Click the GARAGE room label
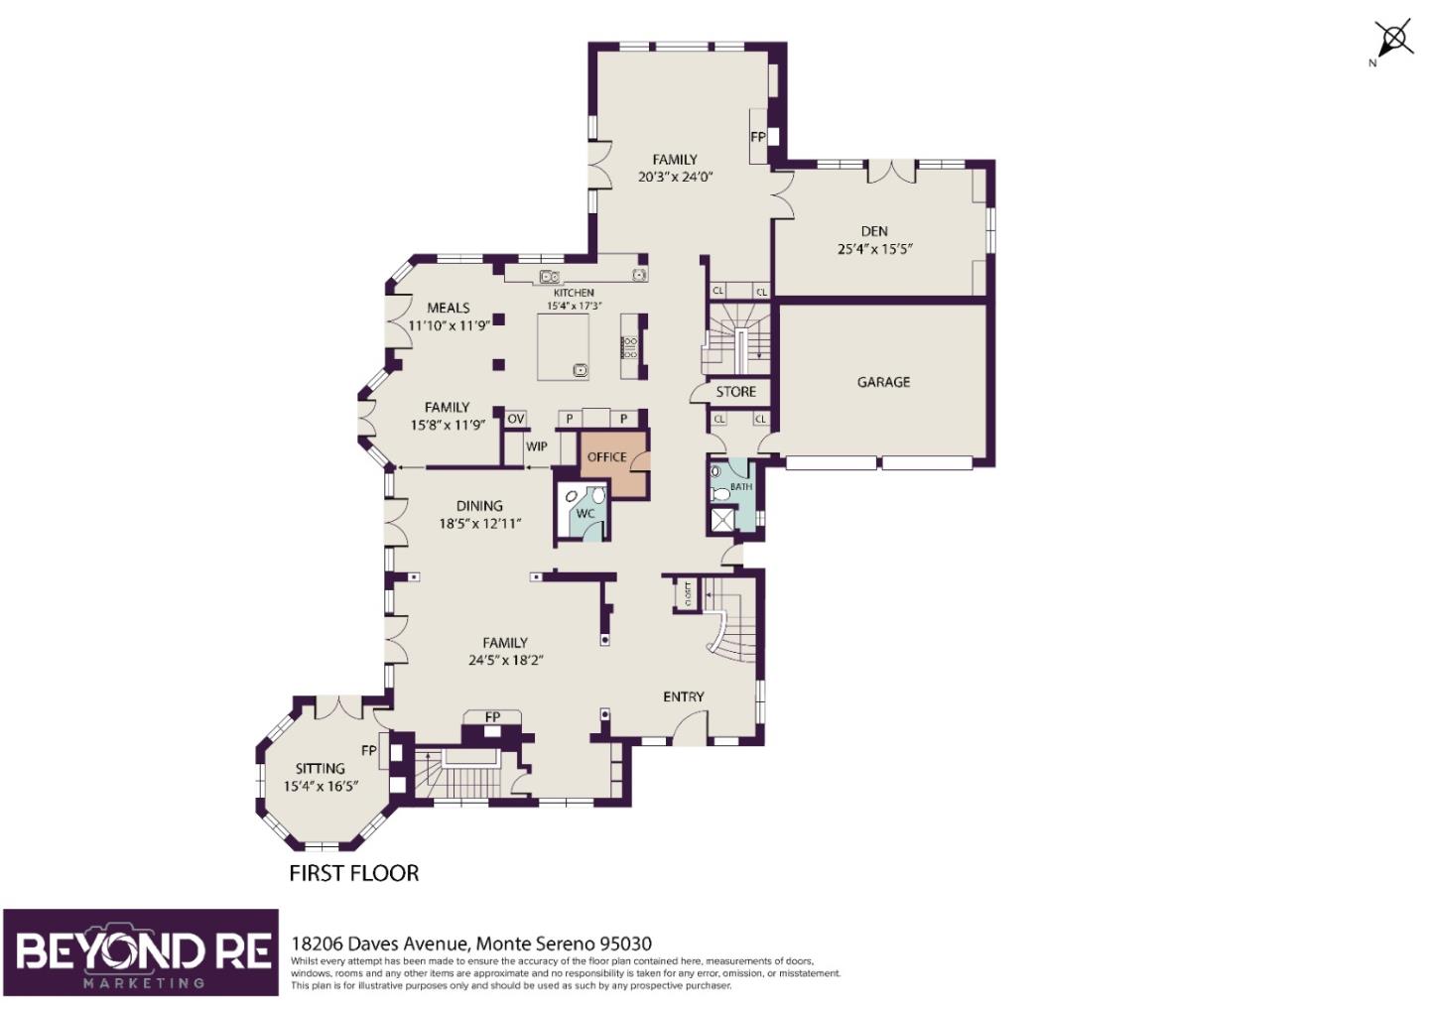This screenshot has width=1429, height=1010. (x=883, y=382)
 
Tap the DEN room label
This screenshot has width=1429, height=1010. (x=874, y=231)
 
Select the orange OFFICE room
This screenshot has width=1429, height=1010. (x=613, y=464)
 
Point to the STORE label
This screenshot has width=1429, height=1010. (x=735, y=392)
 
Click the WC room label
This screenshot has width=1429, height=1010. (x=585, y=513)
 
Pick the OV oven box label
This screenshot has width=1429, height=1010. (x=515, y=419)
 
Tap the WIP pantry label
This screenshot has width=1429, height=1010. (x=536, y=446)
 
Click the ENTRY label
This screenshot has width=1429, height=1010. (x=683, y=696)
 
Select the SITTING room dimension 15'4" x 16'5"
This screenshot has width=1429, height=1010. (x=321, y=786)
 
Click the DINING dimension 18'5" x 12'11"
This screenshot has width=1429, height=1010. (x=479, y=524)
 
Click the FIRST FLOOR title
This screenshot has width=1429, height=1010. (x=354, y=873)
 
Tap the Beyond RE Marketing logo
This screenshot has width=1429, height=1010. (x=141, y=952)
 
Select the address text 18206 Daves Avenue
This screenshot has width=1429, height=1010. (x=380, y=944)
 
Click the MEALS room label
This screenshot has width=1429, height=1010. (x=449, y=308)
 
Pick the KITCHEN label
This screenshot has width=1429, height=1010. (x=574, y=292)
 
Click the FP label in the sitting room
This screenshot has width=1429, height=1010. (x=369, y=750)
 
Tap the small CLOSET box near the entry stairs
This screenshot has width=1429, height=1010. (x=688, y=594)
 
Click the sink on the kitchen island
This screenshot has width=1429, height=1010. (x=580, y=370)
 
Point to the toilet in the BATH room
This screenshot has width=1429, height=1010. (x=720, y=494)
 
